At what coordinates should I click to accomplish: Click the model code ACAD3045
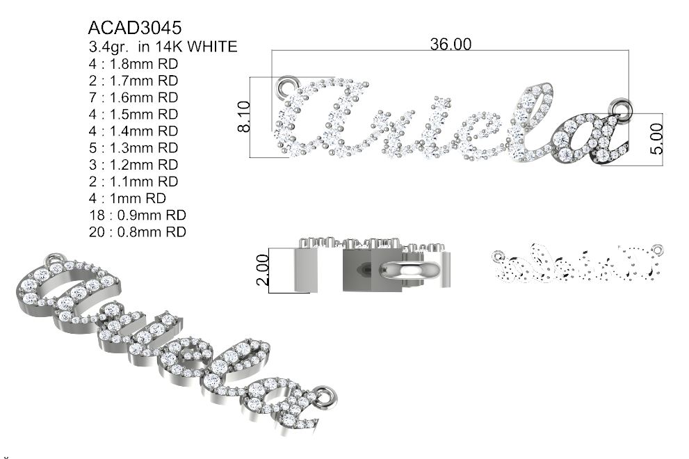point(134,28)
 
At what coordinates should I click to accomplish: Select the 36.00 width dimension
point(451,44)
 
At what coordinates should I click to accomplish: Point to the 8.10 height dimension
point(244,117)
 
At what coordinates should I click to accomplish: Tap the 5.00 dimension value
point(656,138)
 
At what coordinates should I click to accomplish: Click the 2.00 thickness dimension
point(262,270)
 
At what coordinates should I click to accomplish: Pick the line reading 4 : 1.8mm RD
point(133,64)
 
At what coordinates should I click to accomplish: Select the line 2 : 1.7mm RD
point(133,81)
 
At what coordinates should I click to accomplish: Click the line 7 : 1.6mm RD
point(133,97)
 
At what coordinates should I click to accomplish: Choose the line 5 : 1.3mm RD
point(133,147)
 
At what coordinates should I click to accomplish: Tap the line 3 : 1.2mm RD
point(133,164)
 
